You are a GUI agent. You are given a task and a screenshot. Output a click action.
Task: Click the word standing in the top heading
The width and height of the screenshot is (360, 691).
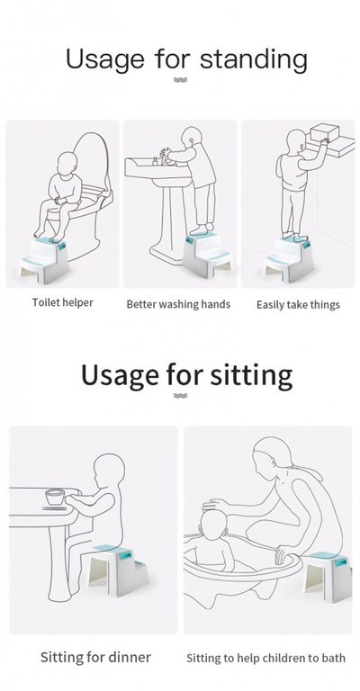point(254,60)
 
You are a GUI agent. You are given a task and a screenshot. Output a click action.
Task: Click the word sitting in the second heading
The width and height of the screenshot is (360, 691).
point(251,375)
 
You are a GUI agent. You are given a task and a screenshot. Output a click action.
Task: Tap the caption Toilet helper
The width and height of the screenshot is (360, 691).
point(63,302)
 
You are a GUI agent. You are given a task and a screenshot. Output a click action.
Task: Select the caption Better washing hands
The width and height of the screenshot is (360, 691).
point(178,304)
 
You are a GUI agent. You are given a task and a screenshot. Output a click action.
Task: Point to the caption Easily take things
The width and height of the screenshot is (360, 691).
point(298,305)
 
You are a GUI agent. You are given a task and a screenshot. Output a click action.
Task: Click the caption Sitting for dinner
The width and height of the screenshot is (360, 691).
point(95,657)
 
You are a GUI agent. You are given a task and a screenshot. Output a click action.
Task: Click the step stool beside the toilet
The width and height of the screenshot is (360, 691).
point(44,261)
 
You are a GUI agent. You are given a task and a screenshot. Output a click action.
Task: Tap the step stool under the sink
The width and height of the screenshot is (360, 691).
point(206,255)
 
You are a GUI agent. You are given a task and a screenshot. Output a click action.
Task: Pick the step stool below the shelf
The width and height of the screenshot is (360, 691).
point(289,258)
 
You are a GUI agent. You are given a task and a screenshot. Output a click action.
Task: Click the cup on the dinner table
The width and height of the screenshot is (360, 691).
point(55,497)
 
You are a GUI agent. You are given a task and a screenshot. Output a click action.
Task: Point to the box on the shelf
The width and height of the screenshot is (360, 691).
point(325,132)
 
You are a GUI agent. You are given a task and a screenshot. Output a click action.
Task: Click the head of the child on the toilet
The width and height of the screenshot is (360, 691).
point(67,164)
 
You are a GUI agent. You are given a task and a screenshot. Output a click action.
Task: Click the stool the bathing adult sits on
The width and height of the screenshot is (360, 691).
point(327,576)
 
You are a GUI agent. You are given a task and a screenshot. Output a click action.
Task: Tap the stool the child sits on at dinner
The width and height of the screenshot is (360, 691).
point(118,570)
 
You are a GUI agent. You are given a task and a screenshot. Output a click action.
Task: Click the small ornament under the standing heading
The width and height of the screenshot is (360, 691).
point(180,80)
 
